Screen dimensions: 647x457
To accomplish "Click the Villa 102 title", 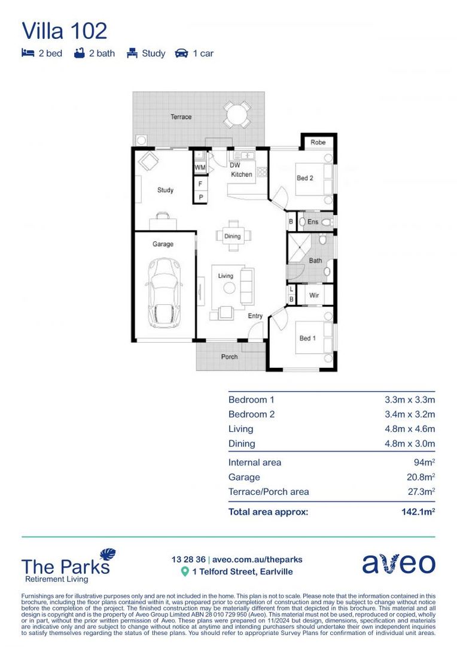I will (65, 31).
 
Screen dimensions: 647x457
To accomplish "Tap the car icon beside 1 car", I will (181, 53).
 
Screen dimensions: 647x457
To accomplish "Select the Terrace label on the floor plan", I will (181, 117).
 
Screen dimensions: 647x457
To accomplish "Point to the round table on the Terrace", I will (237, 114).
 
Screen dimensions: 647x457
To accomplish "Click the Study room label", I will (165, 191).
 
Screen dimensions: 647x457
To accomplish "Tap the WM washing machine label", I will (199, 167).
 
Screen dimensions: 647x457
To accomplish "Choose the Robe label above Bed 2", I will (318, 143).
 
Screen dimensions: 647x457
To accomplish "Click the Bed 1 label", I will (307, 338).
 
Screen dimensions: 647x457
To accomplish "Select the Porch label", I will (229, 357).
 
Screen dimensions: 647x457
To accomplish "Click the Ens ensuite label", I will (312, 222).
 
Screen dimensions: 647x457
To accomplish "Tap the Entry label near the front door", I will (255, 316).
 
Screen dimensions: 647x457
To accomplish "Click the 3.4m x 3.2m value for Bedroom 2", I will (410, 415).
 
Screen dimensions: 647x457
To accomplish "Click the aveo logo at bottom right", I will (398, 564).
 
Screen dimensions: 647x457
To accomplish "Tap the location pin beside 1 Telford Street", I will (185, 572).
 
